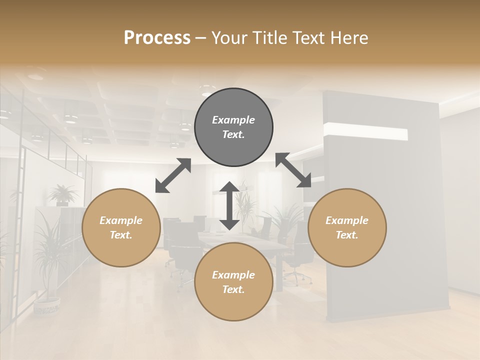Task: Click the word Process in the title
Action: (x=157, y=38)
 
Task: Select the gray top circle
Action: (x=233, y=127)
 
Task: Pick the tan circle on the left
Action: (x=121, y=227)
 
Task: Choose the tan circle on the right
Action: (x=347, y=227)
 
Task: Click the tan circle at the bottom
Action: (x=233, y=282)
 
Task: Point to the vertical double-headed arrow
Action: (x=229, y=205)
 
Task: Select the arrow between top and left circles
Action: (x=173, y=175)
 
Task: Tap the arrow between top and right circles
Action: (x=293, y=170)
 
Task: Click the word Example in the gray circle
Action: (x=233, y=120)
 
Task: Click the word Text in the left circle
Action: (x=120, y=235)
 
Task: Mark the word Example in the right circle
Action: (x=347, y=220)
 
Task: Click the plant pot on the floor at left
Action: (x=47, y=306)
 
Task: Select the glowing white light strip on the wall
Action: (x=365, y=132)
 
